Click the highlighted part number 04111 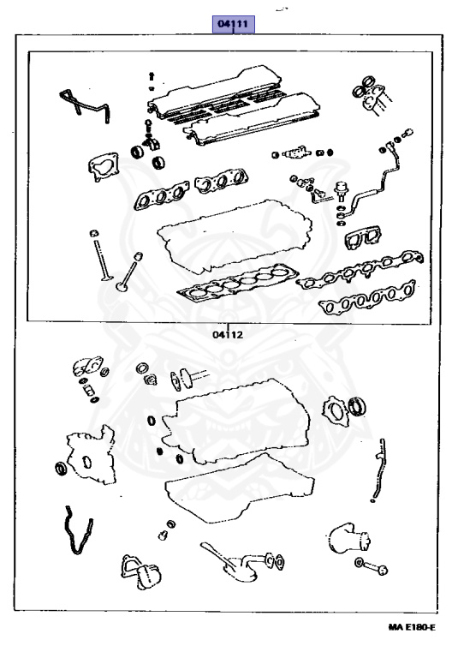[x=233, y=24]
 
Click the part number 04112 [x=228, y=334]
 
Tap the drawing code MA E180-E [x=412, y=628]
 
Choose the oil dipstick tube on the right [x=378, y=470]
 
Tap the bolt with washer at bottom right [x=372, y=565]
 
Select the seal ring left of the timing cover [x=62, y=469]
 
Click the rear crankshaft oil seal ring [x=358, y=405]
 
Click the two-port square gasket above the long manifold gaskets [x=362, y=237]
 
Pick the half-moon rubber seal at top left [x=84, y=105]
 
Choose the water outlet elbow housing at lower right [x=349, y=538]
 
